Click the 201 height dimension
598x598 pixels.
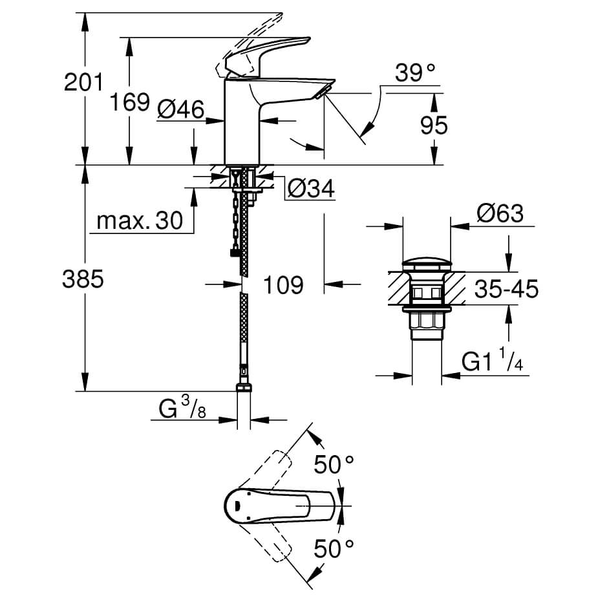click(x=84, y=82)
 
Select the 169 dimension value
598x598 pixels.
click(x=129, y=101)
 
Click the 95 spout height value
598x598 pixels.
click(x=434, y=125)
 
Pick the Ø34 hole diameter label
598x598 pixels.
click(x=310, y=189)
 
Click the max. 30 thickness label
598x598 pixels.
click(x=140, y=221)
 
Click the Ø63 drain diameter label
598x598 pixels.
click(x=500, y=213)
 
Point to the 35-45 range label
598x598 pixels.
click(x=506, y=289)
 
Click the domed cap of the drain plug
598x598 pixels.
click(x=427, y=264)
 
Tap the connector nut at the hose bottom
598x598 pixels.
click(x=243, y=388)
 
